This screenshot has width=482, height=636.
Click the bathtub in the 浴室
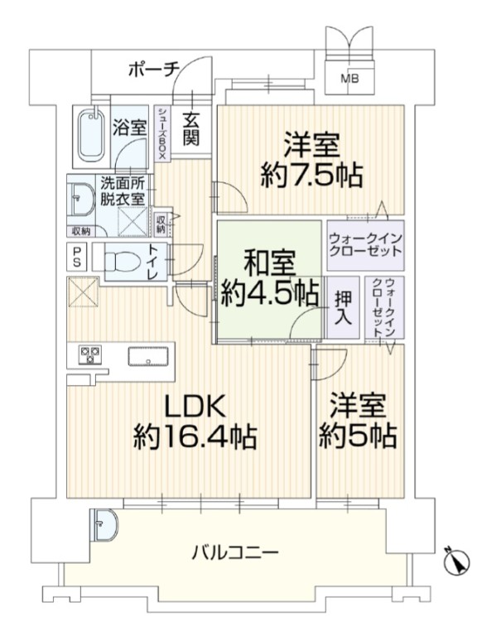(92, 136)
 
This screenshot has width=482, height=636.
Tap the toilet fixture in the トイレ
(122, 261)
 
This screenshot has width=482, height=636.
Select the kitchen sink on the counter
(147, 357)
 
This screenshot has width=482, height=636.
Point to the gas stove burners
(89, 354)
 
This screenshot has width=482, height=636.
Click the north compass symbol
(456, 561)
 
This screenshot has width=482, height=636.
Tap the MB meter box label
(349, 79)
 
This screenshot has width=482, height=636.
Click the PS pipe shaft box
(77, 258)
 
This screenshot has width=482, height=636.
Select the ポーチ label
(154, 70)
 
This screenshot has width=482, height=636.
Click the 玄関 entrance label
(190, 128)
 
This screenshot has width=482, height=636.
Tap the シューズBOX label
(161, 134)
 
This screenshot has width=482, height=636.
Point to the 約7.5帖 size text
(311, 175)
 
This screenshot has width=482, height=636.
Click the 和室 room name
(270, 263)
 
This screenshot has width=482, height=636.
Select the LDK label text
(195, 406)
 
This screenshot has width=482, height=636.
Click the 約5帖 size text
(357, 436)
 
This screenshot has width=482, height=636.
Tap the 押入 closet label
(343, 307)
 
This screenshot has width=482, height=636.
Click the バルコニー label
(235, 552)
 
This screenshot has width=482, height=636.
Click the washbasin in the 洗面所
(82, 200)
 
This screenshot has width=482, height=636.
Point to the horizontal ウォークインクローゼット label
(365, 244)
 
